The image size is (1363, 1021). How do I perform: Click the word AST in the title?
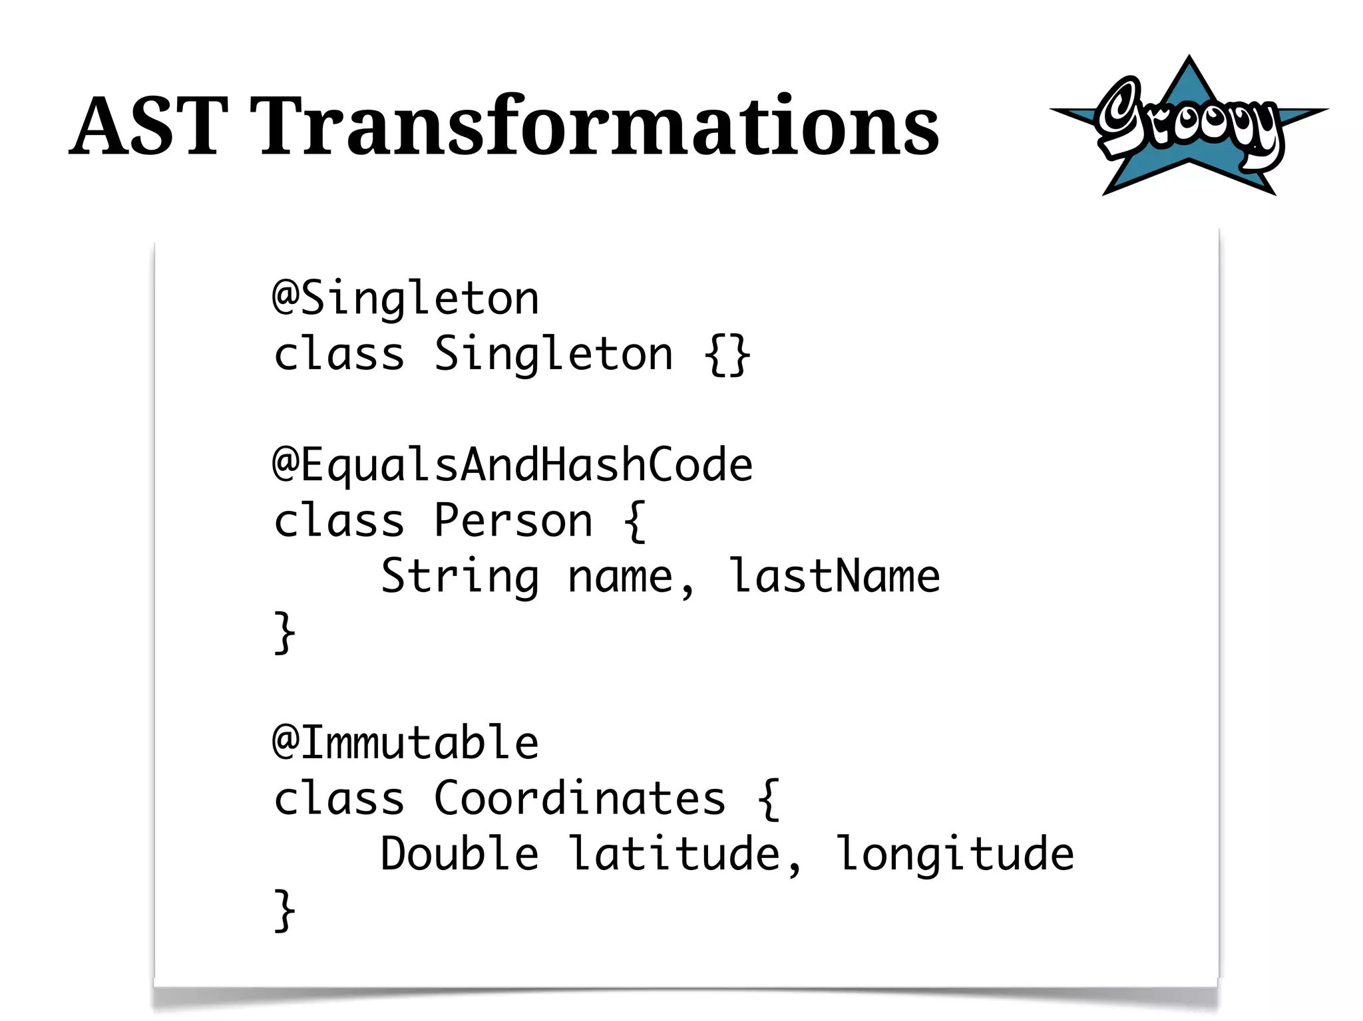[x=148, y=126]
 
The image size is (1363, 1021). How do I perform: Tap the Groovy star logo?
[x=1189, y=126]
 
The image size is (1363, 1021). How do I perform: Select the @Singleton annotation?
[x=405, y=298]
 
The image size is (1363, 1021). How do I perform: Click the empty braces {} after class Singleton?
[x=727, y=355]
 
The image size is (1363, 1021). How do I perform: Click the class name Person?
[x=512, y=520]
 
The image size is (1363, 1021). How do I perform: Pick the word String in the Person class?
[x=459, y=576]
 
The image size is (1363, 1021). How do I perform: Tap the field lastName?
[x=834, y=576]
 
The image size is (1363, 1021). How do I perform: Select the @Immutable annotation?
[x=405, y=742]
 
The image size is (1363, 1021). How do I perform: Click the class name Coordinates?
[x=579, y=798]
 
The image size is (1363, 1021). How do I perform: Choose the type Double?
[x=459, y=854]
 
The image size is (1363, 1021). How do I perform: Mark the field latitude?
[x=674, y=854]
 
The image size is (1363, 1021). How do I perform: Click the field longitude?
[x=954, y=854]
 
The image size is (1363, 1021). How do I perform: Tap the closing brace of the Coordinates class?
[x=284, y=911]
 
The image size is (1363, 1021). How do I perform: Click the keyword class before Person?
[x=339, y=520]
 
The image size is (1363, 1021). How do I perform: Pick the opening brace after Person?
[x=635, y=521]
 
